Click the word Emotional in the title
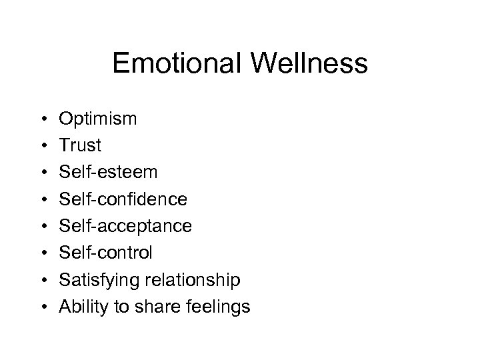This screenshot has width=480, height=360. pyautogui.click(x=179, y=64)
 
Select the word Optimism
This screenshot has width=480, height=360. pyautogui.click(x=98, y=119)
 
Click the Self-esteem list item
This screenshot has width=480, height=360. pyautogui.click(x=109, y=173)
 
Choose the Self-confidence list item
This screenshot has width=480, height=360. pyautogui.click(x=123, y=199)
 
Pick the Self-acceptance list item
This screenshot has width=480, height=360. pyautogui.click(x=125, y=227)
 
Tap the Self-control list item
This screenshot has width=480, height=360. pyautogui.click(x=106, y=253)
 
